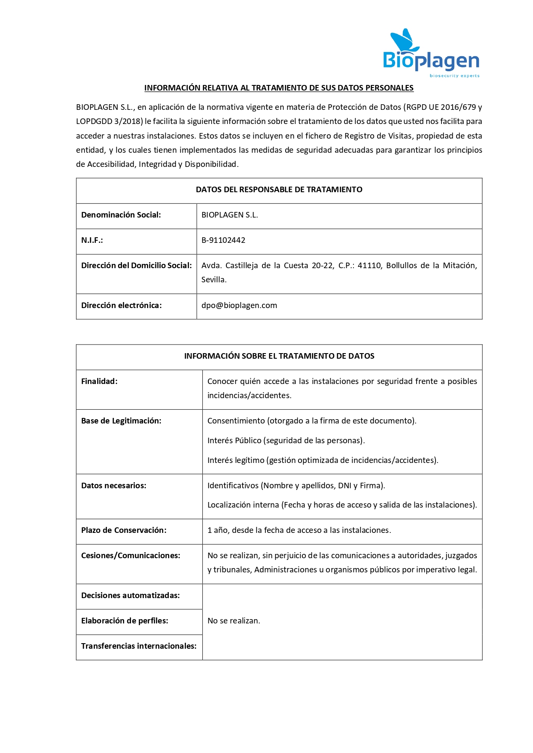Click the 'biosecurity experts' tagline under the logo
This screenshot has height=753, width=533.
(x=454, y=76)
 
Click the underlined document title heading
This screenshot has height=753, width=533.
(x=279, y=88)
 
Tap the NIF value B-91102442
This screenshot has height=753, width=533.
(x=223, y=240)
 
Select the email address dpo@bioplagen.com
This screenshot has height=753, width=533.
(x=239, y=305)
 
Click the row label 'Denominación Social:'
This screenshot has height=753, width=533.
(x=121, y=215)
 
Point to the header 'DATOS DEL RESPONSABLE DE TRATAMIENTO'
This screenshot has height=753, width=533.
(x=279, y=190)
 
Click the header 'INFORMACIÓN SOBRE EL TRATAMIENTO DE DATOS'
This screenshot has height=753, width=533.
(x=279, y=356)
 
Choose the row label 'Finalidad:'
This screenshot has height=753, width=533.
(x=99, y=381)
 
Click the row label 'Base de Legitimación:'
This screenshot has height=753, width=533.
(x=121, y=421)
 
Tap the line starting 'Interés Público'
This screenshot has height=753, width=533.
(x=286, y=441)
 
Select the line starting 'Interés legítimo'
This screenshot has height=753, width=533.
(x=323, y=460)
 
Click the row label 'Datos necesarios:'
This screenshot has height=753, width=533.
(x=114, y=486)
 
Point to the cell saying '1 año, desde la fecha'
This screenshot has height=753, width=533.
(x=299, y=530)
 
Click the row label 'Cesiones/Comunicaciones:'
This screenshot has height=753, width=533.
(x=131, y=556)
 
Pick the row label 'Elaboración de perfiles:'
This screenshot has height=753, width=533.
(x=125, y=621)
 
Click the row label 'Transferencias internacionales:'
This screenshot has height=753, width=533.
(x=139, y=646)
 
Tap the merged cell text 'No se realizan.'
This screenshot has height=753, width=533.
(x=234, y=621)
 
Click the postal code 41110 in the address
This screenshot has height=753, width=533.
(x=369, y=266)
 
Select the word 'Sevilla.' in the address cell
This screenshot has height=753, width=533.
(x=214, y=280)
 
